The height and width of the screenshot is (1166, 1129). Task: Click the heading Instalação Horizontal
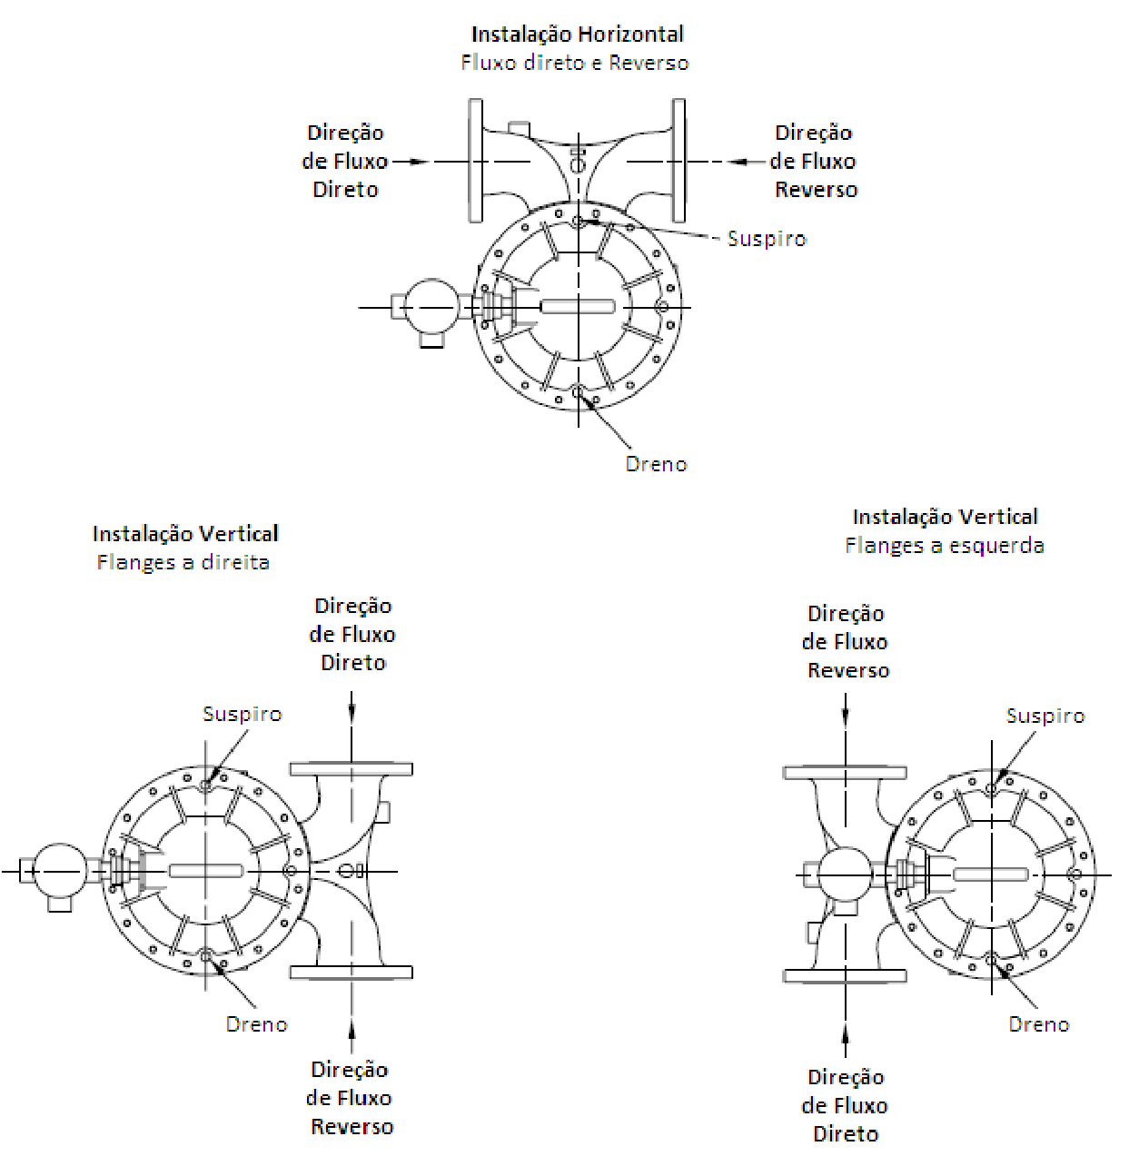coord(577,35)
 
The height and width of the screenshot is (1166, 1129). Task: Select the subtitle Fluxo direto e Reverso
coord(575,63)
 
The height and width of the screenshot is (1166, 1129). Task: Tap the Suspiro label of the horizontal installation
coord(768,239)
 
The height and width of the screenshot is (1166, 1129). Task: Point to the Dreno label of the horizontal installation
coord(656,464)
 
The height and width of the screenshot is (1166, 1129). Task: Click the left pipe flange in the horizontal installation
coord(475,161)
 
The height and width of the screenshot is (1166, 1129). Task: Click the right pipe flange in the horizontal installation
coord(678,161)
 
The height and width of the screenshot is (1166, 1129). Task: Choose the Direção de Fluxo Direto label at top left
coord(345,161)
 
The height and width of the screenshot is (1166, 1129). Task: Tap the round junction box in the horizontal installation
coord(431,306)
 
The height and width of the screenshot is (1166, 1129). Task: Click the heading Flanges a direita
coord(183,563)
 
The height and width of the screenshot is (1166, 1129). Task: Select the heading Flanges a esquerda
coord(945,546)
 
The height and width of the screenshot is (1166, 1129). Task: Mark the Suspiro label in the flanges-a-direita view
coord(243,714)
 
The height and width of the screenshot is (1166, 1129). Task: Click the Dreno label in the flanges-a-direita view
coord(256,1024)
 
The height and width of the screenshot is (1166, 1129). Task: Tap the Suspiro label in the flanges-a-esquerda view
coord(1045,716)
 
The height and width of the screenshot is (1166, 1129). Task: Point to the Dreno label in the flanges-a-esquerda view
coord(1038,1024)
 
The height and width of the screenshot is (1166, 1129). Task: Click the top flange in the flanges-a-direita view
coord(352,769)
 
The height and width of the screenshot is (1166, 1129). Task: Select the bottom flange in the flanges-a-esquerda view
coord(845,976)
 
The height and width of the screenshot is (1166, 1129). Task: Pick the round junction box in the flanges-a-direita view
coord(59,871)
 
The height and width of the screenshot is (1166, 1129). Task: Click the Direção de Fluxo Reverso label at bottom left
coord(352,1098)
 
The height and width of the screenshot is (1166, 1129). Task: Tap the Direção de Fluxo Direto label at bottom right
coord(845,1105)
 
